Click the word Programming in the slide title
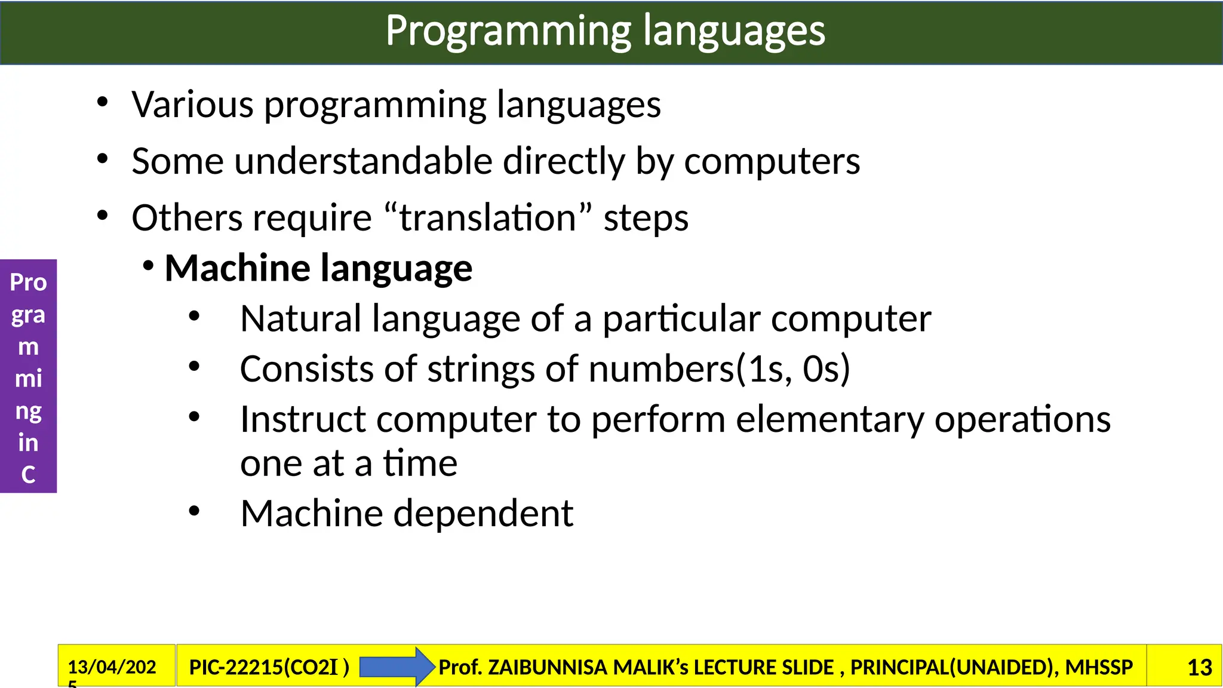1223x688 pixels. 508,31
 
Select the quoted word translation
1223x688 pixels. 487,218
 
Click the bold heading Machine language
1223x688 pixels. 318,268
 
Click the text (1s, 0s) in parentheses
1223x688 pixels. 793,369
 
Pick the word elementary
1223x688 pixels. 829,419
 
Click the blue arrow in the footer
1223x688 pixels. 397,666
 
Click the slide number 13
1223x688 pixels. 1199,667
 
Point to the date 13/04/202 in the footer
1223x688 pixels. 112,666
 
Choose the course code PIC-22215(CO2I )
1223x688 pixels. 269,667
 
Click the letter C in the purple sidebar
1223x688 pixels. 28,475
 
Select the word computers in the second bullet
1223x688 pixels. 772,161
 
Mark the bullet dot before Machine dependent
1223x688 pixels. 193,511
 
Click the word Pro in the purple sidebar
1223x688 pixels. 28,282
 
